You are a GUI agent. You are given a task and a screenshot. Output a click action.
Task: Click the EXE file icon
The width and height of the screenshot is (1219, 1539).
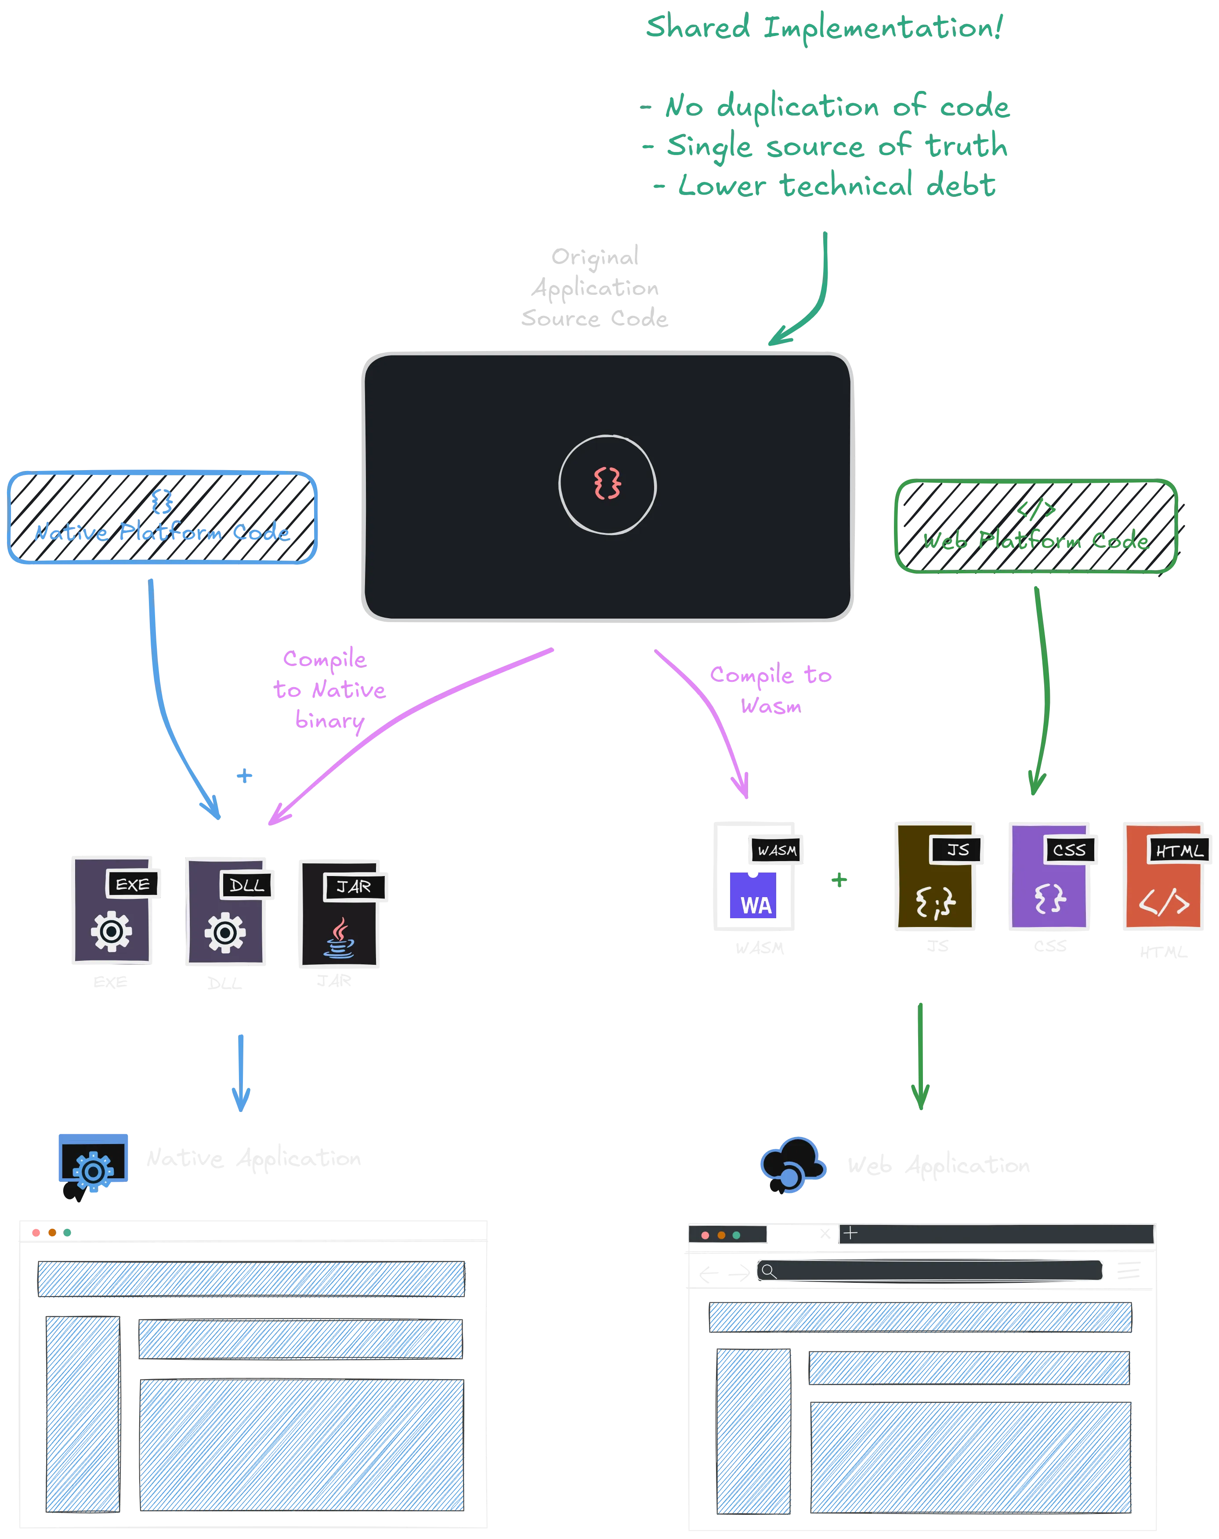[x=113, y=911]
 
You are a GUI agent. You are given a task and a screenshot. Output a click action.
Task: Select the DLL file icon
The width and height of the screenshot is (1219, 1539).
[x=225, y=911]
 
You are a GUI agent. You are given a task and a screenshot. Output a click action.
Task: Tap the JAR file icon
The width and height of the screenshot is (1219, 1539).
[x=340, y=914]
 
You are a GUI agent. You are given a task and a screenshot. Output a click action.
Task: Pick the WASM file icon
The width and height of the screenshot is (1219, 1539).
[x=755, y=875]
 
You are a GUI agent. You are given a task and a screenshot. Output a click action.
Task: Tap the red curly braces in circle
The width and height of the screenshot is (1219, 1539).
[x=608, y=484]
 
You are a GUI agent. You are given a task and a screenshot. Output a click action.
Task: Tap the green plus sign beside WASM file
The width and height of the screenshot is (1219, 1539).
[x=839, y=880]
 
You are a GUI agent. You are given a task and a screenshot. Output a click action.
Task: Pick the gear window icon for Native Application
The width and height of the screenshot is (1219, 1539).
[x=93, y=1163]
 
